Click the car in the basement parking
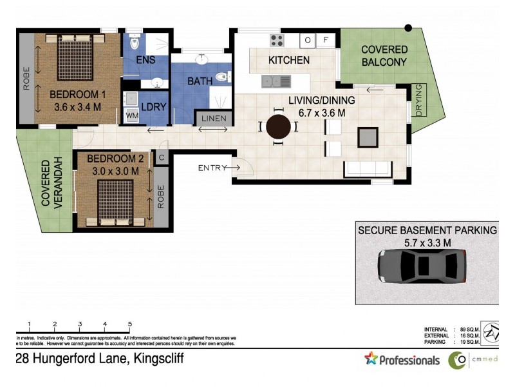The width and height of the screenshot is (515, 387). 422,266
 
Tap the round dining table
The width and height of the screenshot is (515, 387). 279,126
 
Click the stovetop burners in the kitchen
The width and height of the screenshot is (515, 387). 277,40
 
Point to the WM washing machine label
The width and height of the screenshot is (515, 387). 131,115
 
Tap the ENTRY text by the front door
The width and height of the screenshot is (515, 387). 212,168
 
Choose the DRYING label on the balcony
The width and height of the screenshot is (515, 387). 419,100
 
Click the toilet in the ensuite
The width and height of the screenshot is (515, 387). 135,42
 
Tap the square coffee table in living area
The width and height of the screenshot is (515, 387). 368,137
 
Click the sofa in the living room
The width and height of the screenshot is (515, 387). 368,170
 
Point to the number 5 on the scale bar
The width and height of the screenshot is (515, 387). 130,324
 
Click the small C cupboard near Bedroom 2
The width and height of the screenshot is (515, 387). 162,157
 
